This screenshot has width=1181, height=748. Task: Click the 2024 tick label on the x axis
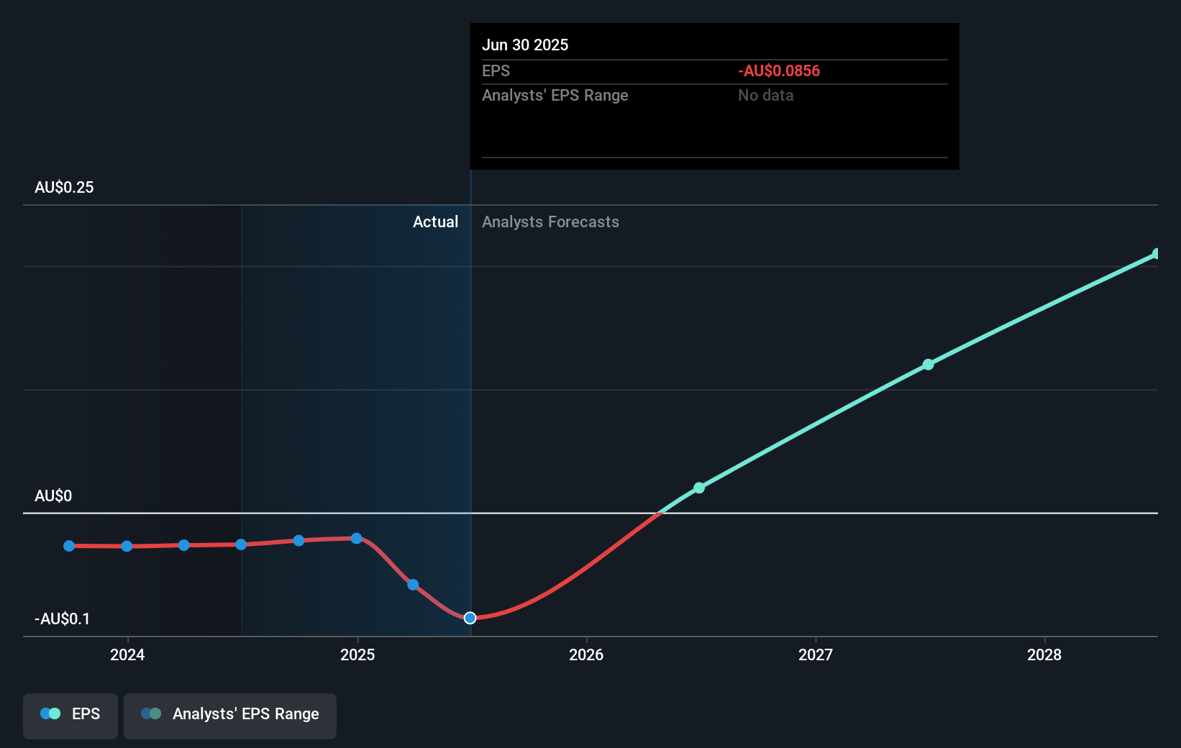127,654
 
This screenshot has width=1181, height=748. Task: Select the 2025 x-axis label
357,654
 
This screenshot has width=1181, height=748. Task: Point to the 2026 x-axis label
586,654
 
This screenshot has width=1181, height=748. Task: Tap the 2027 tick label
816,654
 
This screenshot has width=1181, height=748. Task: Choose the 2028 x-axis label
1044,654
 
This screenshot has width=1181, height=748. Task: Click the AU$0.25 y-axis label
64,187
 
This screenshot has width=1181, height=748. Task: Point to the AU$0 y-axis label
53,496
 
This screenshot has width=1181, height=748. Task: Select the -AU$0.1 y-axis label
63,619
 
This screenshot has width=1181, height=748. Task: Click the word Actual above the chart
435,222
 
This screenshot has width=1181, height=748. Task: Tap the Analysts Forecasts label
550,222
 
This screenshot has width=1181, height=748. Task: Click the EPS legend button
70,714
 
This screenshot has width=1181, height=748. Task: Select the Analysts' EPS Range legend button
230,714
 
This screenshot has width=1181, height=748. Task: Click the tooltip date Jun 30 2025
525,45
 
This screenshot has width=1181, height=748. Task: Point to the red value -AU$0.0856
779,70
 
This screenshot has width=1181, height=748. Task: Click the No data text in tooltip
765,95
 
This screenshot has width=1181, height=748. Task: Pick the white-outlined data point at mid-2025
470,618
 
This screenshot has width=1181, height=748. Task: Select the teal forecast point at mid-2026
699,488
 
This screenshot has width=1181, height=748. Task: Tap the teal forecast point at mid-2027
928,365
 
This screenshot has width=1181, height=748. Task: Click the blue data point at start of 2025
356,538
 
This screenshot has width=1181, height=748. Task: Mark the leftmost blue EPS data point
69,546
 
